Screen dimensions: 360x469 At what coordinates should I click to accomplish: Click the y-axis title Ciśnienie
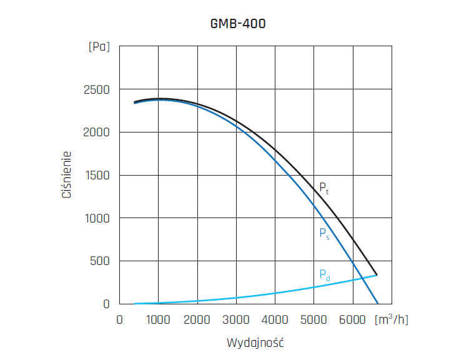[67, 174]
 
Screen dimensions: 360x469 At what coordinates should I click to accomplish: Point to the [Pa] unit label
[99, 47]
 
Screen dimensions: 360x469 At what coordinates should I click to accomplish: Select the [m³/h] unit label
[391, 319]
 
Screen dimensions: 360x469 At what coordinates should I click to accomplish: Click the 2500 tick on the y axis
[96, 90]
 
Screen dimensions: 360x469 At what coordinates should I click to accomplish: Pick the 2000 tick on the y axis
[96, 132]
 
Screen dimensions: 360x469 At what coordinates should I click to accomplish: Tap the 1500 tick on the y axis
[97, 176]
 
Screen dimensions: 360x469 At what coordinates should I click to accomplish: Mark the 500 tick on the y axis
[100, 261]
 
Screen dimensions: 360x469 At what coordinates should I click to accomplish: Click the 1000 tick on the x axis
[158, 319]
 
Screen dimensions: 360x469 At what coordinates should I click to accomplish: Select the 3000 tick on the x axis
[236, 319]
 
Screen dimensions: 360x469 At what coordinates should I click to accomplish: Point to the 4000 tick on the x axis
[275, 319]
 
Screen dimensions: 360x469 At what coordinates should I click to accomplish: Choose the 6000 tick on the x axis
[353, 319]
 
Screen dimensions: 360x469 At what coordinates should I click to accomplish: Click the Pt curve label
[323, 187]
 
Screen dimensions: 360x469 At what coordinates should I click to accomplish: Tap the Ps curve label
[323, 234]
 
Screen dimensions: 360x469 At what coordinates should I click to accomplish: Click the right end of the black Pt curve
[377, 275]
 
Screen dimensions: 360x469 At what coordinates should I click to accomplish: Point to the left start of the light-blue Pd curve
[134, 304]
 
